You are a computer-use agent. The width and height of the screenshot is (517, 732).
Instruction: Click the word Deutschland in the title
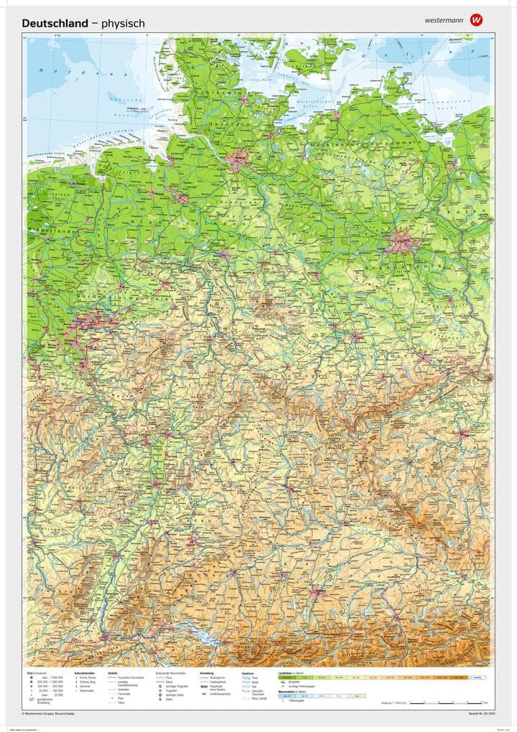coord(55,24)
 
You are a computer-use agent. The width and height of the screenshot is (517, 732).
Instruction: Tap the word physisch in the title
coord(123,24)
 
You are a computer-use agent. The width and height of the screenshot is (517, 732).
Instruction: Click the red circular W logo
coord(477,20)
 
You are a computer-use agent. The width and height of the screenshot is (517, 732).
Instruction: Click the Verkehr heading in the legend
coord(113,673)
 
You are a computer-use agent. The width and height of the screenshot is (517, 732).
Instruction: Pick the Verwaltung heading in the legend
coord(207,673)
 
